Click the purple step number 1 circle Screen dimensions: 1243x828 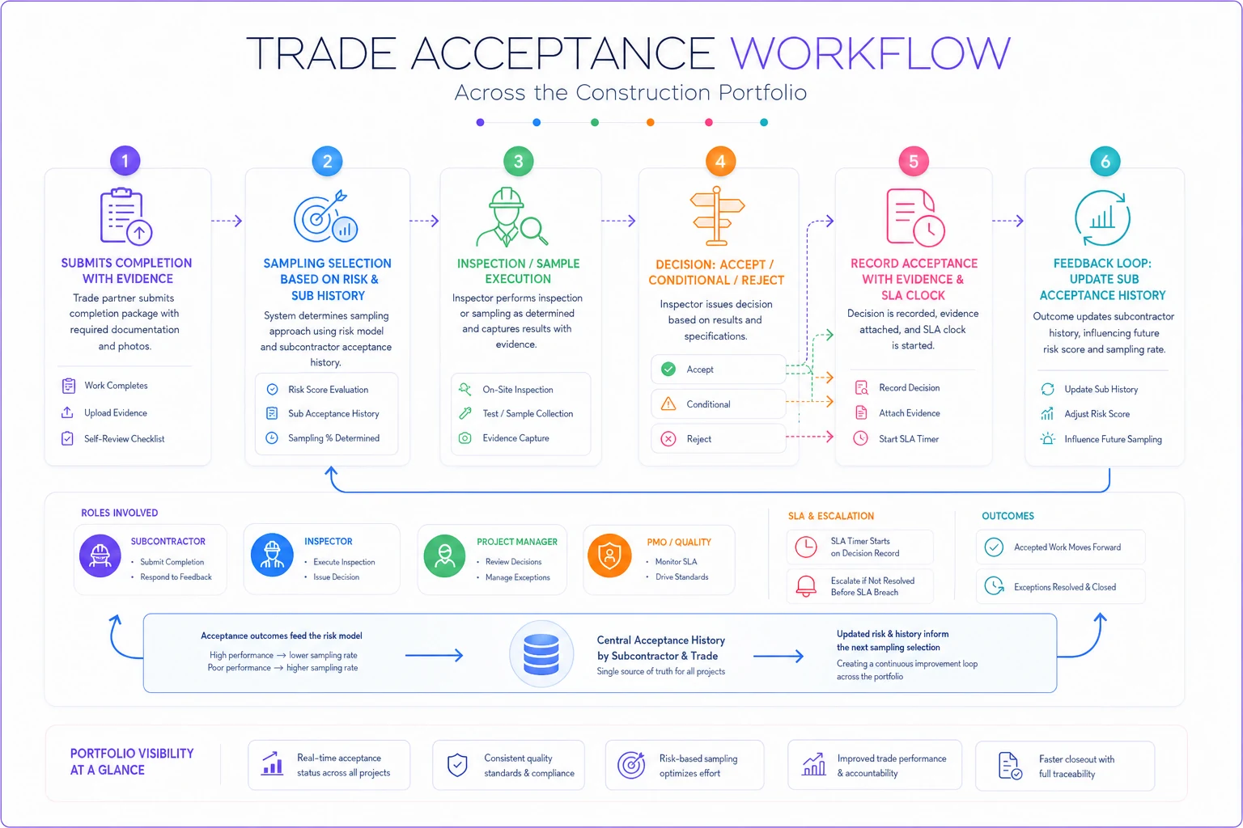(125, 161)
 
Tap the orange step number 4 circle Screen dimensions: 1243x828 (720, 162)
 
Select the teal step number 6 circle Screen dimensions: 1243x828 (1105, 162)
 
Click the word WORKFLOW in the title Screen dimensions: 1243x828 (870, 53)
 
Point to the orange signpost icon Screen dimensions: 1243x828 (717, 216)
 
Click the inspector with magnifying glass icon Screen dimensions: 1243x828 (511, 217)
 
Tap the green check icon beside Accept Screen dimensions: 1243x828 (668, 370)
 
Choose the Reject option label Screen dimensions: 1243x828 (698, 439)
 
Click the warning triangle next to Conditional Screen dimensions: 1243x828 (668, 403)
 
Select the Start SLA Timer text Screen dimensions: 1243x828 (909, 439)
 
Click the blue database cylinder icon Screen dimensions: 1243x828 (541, 654)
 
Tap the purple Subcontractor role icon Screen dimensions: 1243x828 (100, 556)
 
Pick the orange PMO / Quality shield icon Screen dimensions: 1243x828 (609, 556)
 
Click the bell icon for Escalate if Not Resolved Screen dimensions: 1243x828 (806, 586)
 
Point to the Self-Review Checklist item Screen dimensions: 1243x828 (125, 439)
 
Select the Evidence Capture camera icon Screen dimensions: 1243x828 (465, 438)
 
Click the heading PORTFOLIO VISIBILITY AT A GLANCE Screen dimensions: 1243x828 (132, 762)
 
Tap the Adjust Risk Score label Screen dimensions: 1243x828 (1097, 414)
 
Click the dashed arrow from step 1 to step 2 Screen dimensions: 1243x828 (227, 221)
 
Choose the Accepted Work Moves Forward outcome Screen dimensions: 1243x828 (1067, 547)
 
